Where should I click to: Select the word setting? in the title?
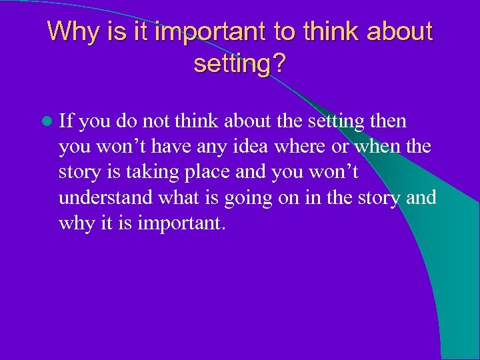(239, 64)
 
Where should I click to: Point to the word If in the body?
(66, 121)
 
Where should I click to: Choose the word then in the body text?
(388, 121)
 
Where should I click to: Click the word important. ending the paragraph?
(181, 223)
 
